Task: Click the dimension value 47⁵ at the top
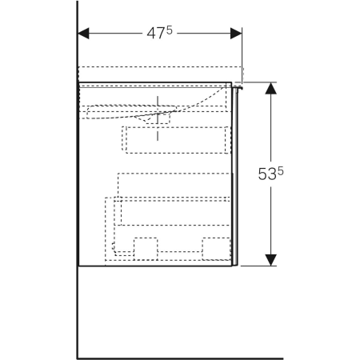(x=160, y=33)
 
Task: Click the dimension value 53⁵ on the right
(x=270, y=174)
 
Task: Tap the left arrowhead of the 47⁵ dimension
(x=83, y=34)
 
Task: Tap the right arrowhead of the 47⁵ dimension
(x=236, y=34)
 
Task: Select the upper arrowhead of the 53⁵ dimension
(x=270, y=88)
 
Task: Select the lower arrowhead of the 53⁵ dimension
(x=270, y=260)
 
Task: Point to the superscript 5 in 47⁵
(x=170, y=30)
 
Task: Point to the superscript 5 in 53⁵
(x=281, y=170)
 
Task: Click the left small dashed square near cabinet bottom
(x=146, y=249)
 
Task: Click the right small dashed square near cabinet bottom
(x=216, y=249)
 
